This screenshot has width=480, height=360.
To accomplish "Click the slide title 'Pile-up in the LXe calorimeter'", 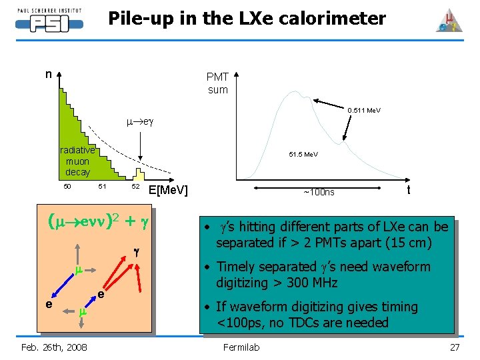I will point(247,19).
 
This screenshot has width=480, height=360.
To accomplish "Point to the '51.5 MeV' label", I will point(303,155).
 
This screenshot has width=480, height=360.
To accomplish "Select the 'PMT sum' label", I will point(217,83).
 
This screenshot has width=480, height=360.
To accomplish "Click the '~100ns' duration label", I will point(319,193).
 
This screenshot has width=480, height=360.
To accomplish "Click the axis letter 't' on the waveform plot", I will point(409,190).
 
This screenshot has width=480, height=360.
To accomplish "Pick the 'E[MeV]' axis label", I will point(169,191).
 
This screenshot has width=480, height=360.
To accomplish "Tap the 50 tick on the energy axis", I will point(67,186).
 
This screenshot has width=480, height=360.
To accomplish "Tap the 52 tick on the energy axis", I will point(135,186).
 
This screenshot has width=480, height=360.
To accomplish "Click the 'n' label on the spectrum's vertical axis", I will point(48,74).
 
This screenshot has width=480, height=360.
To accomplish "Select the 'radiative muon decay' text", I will point(78,161).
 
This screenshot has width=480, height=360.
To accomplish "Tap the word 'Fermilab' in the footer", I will point(240,347).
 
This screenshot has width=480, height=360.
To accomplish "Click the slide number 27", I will point(455,347).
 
